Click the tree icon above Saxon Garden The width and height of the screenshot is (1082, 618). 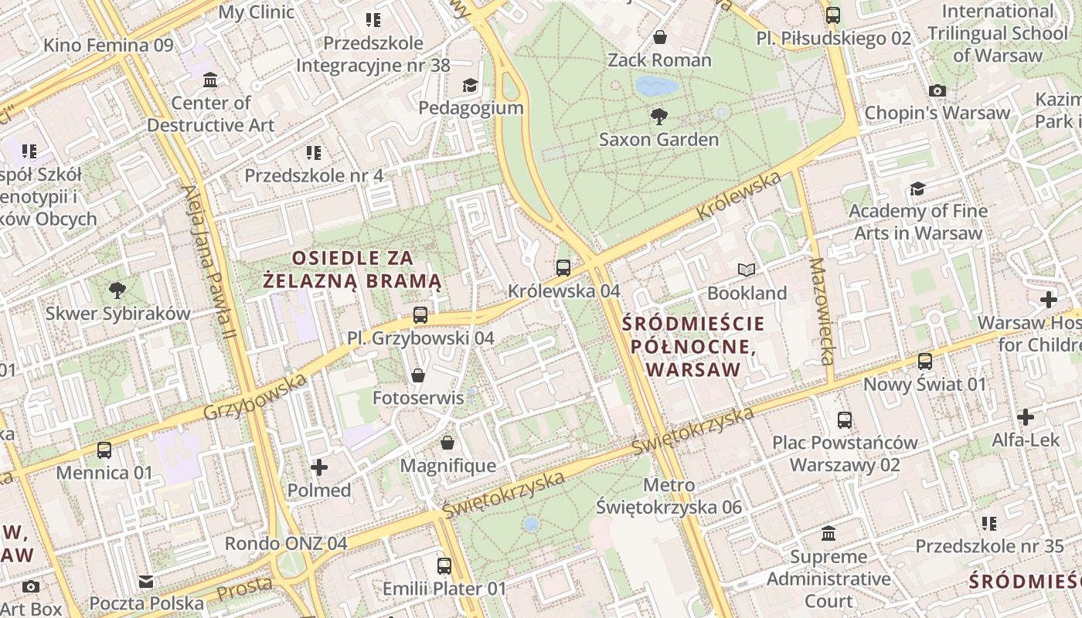pos(659,117)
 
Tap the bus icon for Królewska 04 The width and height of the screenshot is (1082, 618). pos(563,268)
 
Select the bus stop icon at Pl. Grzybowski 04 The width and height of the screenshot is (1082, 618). pos(420,315)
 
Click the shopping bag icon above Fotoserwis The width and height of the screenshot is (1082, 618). pos(418,375)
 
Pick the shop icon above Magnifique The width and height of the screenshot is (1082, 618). pos(447,443)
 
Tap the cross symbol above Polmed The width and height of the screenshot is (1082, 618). pos(319,467)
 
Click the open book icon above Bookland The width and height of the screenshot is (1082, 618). pos(747,270)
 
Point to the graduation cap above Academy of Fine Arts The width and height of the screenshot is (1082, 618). pos(917,188)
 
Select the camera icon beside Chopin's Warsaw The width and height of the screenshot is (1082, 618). pos(937,90)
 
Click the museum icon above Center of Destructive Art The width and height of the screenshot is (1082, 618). pos(210,80)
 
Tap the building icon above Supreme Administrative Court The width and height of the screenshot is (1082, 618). pos(829,533)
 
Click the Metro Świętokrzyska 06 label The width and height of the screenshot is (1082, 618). pos(669,497)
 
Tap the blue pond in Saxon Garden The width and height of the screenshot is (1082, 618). pos(657,85)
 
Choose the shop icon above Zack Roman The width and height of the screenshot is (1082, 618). pos(660,37)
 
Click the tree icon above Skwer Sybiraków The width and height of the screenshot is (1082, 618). pos(117,290)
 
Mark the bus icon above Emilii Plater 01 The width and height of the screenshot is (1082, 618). pos(444,565)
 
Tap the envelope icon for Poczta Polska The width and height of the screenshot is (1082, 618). pos(146,582)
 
